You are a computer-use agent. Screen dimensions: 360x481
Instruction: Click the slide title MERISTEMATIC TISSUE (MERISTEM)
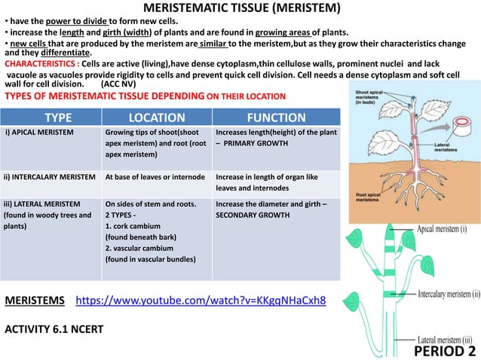click(241, 8)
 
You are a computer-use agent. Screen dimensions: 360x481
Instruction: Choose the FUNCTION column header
click(277, 117)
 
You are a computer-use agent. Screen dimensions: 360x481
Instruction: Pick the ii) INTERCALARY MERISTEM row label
click(51, 178)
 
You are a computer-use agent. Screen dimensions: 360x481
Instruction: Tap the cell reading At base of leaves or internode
click(156, 178)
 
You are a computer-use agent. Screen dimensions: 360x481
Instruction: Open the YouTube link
click(202, 301)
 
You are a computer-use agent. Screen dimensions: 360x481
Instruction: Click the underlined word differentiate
click(63, 53)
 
